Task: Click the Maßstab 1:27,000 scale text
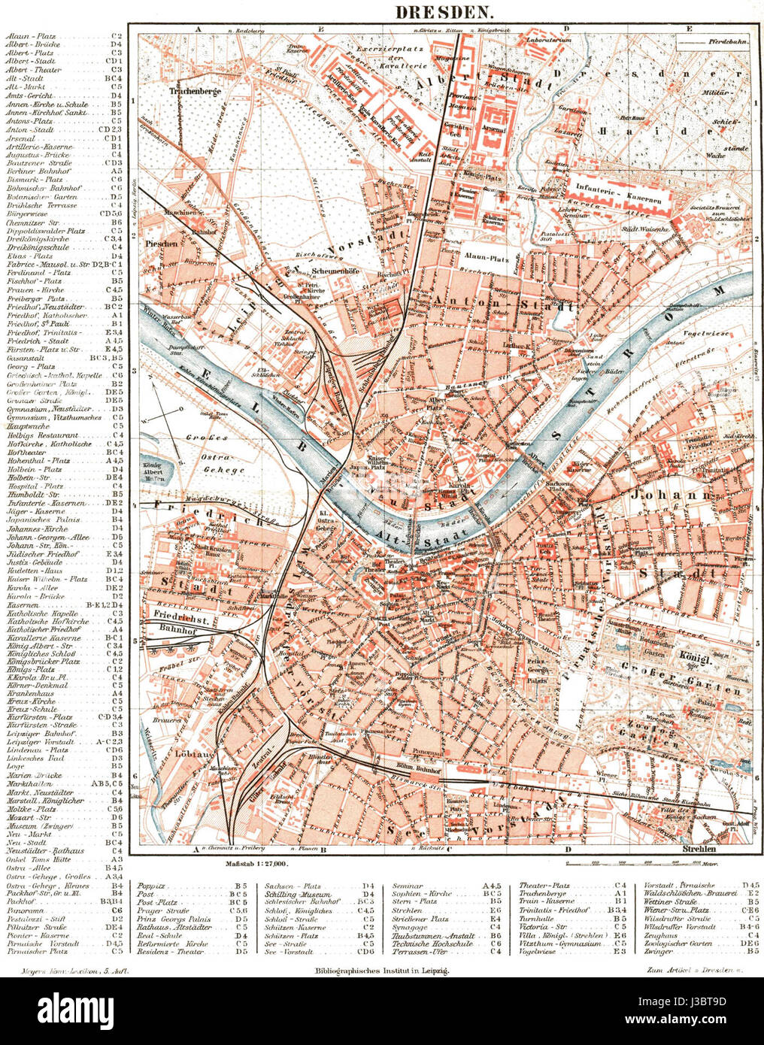pos(256,866)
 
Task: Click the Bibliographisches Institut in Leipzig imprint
pos(382,972)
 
